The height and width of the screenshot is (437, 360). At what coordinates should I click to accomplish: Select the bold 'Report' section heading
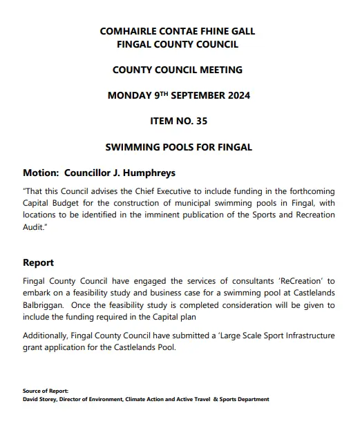tap(38, 263)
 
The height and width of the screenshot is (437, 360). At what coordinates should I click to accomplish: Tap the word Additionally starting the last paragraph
tap(48, 336)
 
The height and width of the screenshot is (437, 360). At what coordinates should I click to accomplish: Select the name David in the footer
tap(30, 399)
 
